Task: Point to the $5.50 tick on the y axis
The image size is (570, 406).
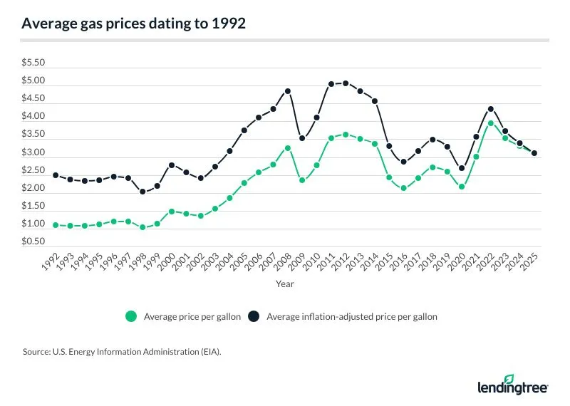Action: (33, 63)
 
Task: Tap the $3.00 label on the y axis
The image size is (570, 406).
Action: (33, 152)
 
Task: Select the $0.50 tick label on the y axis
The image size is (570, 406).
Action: (33, 242)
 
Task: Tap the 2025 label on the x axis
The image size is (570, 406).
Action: (529, 262)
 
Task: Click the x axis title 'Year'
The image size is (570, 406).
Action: (285, 283)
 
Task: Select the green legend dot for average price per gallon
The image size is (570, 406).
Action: (130, 317)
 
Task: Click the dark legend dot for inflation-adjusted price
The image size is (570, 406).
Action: (255, 317)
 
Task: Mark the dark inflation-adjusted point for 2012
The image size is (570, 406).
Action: (346, 83)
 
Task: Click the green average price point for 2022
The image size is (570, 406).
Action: (491, 123)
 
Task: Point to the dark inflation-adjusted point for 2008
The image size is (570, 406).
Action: (287, 91)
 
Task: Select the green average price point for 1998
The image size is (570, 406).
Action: (142, 227)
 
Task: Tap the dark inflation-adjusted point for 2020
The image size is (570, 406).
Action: (462, 168)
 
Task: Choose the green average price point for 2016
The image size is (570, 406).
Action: (403, 188)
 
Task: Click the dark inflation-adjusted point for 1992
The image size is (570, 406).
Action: (56, 175)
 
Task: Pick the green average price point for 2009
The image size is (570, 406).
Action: (302, 180)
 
